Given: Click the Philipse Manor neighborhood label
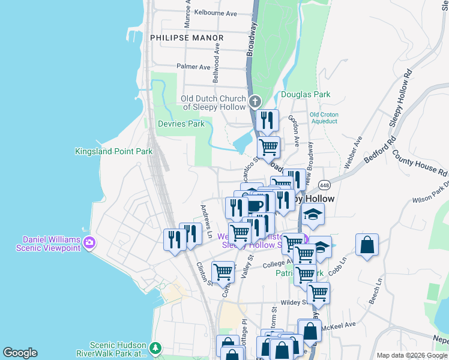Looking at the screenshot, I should point(187,38).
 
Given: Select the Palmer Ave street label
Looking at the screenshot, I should point(193,67).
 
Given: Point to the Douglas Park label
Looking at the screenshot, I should point(306,95).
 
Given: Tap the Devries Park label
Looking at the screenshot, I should point(181,124).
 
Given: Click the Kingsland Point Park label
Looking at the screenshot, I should point(114,152).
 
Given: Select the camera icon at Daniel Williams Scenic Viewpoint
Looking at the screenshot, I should point(89,243).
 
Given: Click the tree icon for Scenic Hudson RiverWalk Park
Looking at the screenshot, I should point(155,347).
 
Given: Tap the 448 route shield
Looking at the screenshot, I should point(325,184).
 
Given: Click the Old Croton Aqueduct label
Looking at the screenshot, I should point(324,118).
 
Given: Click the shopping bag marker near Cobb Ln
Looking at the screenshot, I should point(367,245).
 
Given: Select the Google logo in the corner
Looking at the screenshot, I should point(20,353).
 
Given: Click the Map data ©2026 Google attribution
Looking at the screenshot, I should point(412,355).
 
